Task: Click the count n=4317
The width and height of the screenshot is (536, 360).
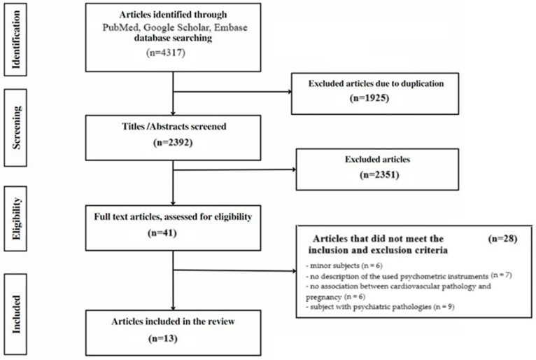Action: tap(166, 53)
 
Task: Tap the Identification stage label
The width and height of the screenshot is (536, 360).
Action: tap(15, 40)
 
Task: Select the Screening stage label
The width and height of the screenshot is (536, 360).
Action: tap(16, 127)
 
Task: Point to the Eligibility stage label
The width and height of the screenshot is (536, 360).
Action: tap(16, 219)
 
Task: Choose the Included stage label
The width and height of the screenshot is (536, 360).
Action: tap(16, 314)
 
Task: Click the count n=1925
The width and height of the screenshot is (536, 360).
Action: tap(369, 98)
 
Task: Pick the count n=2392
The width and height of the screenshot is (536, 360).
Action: tap(173, 142)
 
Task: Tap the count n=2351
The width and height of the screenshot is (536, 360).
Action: tap(379, 175)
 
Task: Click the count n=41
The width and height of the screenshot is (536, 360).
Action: tap(162, 233)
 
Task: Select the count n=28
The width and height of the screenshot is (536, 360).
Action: tap(502, 239)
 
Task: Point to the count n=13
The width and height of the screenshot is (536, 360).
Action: tap(163, 338)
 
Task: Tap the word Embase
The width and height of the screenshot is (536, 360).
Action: tap(231, 27)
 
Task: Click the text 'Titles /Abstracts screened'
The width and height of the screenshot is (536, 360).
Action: tap(174, 127)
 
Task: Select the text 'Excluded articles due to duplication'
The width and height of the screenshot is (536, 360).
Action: tap(376, 83)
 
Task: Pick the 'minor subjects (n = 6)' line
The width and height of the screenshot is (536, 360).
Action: tap(344, 265)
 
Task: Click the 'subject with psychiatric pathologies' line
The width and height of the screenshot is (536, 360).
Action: tap(380, 307)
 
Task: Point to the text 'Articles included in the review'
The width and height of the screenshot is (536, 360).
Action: tap(173, 321)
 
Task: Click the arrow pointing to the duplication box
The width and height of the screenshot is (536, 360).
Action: tap(232, 92)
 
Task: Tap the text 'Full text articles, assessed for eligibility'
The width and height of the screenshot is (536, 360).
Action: tap(173, 217)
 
